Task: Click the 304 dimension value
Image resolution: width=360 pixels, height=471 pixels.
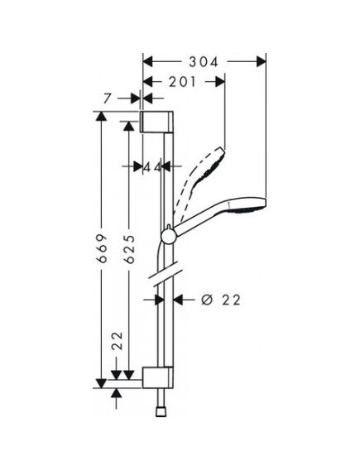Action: click(203, 62)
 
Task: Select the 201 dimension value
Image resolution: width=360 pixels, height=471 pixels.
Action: click(182, 82)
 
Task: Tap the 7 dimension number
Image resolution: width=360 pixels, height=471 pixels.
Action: click(108, 99)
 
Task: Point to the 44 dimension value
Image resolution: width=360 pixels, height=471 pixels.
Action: click(153, 166)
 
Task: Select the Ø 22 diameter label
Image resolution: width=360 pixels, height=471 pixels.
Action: click(221, 300)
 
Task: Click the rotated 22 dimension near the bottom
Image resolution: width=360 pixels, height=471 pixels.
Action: click(118, 341)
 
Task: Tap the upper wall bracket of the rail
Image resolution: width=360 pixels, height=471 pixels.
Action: click(156, 122)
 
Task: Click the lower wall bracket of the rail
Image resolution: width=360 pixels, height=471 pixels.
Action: click(157, 377)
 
